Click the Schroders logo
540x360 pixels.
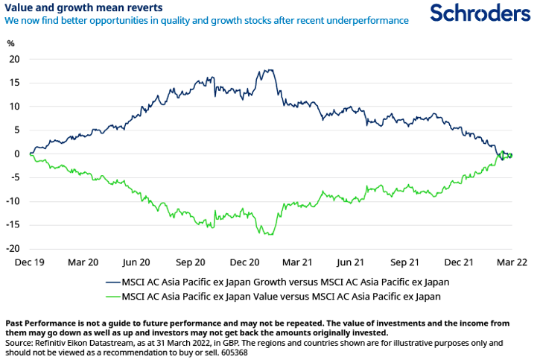tap(480, 13)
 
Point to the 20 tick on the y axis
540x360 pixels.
tap(14, 59)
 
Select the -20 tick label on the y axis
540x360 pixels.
tap(13, 249)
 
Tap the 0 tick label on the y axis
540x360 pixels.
tap(16, 154)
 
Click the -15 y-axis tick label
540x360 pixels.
tap(13, 225)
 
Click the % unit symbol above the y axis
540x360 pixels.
tap(10, 42)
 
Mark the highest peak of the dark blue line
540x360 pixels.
tap(266, 70)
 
